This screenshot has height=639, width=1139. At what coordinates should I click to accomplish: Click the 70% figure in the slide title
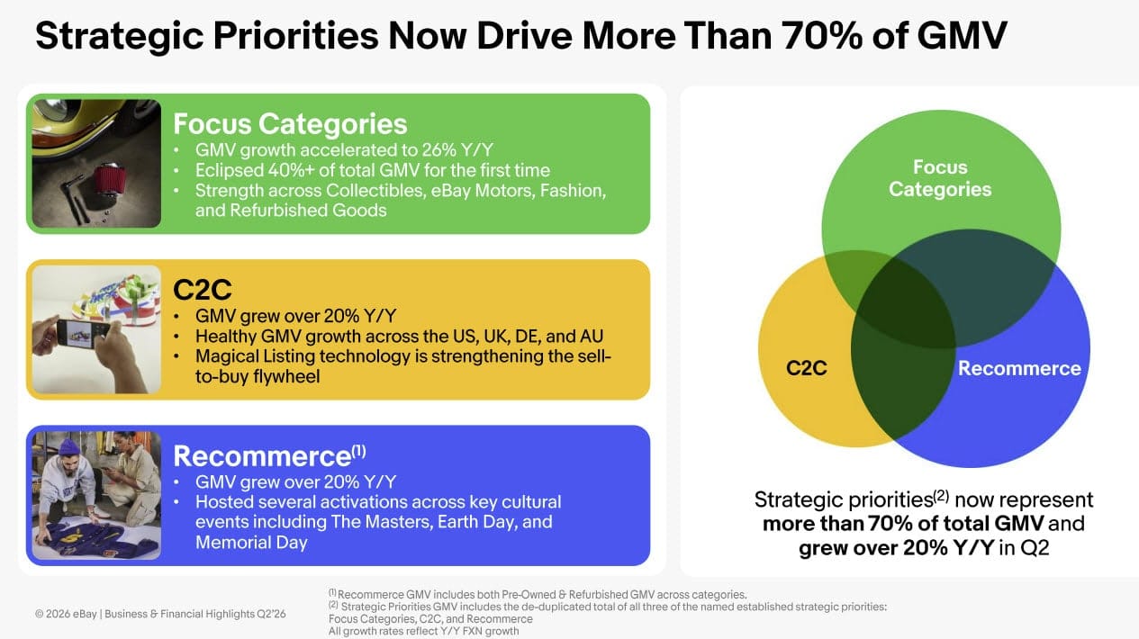(822, 36)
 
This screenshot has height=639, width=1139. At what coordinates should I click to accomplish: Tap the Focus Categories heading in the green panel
(290, 124)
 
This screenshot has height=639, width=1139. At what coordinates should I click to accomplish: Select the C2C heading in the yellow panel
(203, 290)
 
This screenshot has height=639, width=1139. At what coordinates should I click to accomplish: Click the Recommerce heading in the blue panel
(269, 455)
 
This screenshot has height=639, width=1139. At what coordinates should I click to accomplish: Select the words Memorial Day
(251, 543)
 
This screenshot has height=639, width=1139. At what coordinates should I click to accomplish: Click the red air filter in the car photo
(108, 179)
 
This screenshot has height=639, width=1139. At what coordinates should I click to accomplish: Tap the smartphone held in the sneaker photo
(81, 335)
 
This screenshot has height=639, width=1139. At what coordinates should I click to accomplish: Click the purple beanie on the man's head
(69, 448)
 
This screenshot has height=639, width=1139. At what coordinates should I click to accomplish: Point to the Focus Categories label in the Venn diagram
(940, 178)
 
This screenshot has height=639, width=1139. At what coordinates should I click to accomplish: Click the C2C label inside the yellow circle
(807, 368)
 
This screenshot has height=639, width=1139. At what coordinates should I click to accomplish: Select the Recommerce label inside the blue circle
(1019, 369)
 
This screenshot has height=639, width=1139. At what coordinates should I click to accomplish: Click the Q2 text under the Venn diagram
(1035, 548)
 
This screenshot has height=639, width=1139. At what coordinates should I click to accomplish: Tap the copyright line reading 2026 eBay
(160, 614)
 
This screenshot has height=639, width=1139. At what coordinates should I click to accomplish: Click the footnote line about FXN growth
(423, 632)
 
